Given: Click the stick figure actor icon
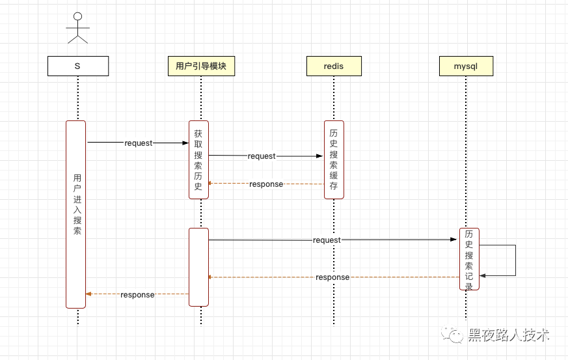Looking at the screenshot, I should [x=77, y=27].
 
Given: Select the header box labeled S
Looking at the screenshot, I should [x=77, y=66].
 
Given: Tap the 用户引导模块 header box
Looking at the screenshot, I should [x=201, y=66].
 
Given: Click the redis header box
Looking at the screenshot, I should [x=334, y=66].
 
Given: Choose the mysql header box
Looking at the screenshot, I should [x=466, y=66].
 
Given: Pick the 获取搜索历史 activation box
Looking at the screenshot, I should [x=198, y=159].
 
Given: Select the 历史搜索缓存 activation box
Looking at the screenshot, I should [x=334, y=159].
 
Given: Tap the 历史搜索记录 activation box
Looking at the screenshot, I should [x=469, y=258].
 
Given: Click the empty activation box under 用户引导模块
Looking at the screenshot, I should [x=198, y=266].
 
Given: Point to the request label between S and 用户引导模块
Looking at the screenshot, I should [x=138, y=143].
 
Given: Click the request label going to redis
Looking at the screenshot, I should [x=262, y=156].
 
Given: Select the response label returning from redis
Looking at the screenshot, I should [x=266, y=184].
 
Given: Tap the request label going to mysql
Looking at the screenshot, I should [x=327, y=240].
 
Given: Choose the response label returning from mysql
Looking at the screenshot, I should [x=332, y=277].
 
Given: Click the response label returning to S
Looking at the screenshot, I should [x=137, y=295].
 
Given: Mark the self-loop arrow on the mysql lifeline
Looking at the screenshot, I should [x=515, y=260].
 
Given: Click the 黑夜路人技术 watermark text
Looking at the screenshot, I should [x=509, y=335].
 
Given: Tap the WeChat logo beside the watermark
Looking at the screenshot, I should [x=452, y=334].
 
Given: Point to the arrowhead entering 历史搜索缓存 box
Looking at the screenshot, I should [x=319, y=156].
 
